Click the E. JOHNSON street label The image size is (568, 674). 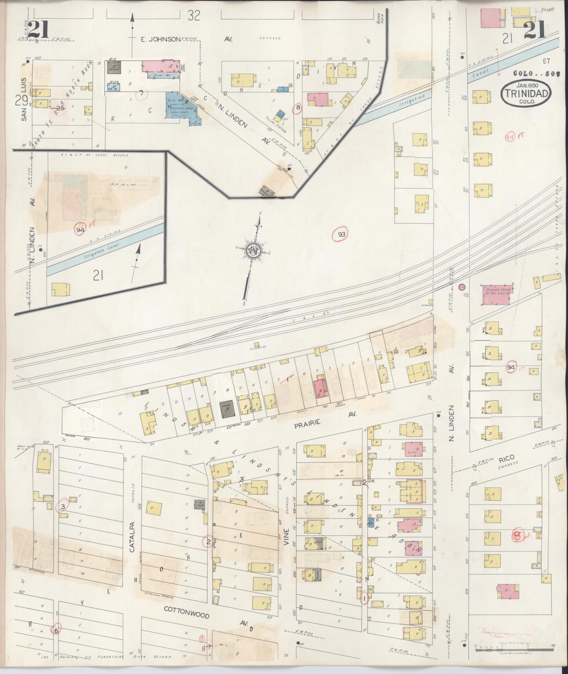point(160,39)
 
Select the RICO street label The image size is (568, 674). point(507,458)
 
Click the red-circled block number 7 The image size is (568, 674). point(141,93)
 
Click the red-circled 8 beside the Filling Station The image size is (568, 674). point(298,108)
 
